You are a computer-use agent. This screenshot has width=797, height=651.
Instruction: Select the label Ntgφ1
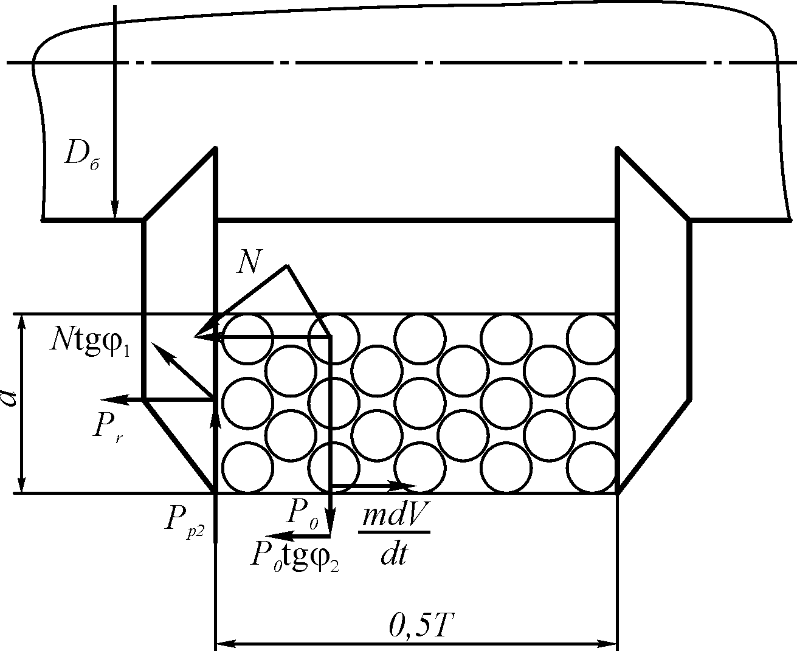pos(91,343)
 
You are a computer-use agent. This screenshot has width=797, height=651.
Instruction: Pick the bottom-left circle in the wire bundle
pos(247,467)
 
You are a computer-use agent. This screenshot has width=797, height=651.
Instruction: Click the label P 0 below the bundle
pos(302,514)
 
